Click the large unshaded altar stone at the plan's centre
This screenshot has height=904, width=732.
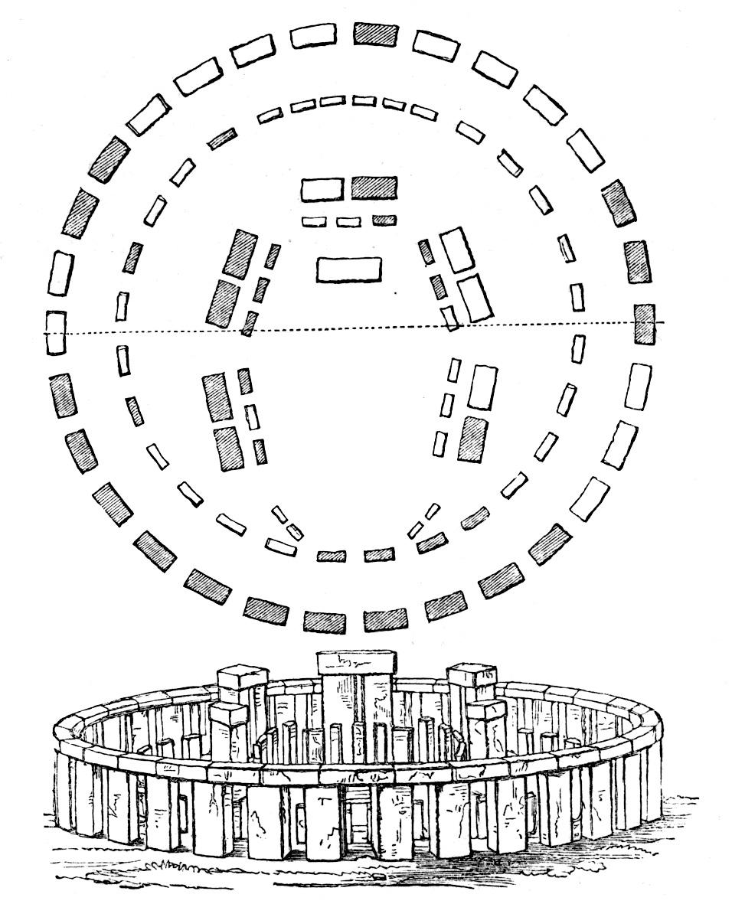348,269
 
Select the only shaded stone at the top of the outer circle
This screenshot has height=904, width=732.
376,34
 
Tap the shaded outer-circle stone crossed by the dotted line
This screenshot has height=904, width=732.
645,323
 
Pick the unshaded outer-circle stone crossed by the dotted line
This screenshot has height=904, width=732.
55,332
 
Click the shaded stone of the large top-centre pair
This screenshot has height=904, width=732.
374,188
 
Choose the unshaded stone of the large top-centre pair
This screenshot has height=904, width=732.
322,189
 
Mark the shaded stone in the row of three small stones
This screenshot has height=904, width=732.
384,220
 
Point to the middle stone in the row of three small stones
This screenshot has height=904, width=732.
348,222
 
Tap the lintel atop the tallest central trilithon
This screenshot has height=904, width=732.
357,664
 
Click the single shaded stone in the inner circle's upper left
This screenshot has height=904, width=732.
221,139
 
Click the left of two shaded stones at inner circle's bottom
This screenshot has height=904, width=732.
331,556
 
